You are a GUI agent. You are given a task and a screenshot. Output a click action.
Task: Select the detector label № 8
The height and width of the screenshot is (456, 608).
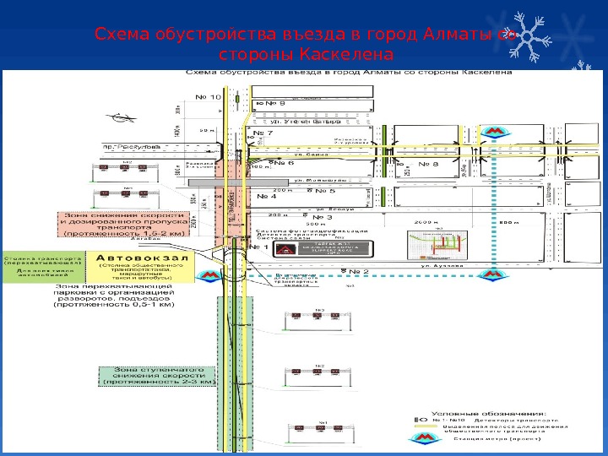[429, 165]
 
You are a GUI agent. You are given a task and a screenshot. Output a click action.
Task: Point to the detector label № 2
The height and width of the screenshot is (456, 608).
[361, 272]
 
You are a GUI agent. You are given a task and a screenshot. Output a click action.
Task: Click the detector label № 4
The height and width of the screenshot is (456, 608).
[266, 198]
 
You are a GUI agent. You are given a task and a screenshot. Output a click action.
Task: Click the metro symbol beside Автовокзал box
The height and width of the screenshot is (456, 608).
[207, 274]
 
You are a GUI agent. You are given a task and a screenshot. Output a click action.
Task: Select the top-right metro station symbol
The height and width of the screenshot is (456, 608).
[492, 132]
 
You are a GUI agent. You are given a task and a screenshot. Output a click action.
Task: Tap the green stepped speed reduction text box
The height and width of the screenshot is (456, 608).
[157, 376]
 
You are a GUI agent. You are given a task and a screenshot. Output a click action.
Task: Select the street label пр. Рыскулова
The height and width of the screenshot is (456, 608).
[128, 145]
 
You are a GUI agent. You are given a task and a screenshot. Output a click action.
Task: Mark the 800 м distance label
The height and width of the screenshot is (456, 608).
[509, 223]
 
